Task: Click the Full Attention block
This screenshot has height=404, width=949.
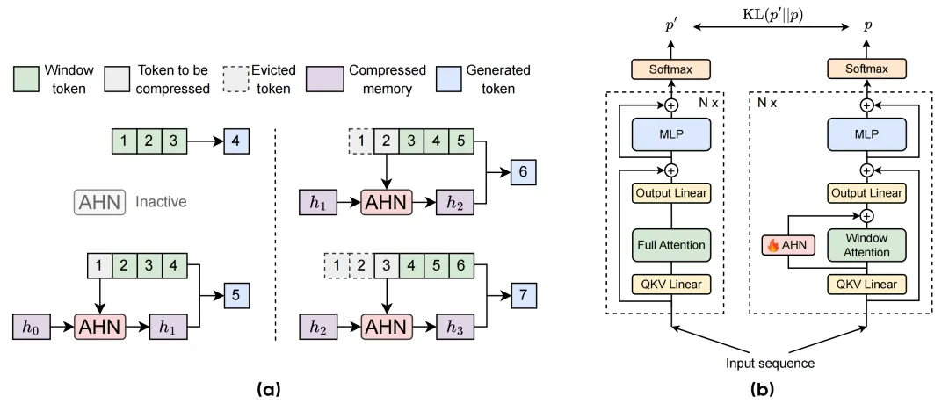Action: click(670, 246)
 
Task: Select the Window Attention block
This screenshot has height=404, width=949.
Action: click(867, 246)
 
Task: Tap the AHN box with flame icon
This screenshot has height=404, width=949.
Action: click(788, 246)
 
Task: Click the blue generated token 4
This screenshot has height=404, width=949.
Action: click(236, 143)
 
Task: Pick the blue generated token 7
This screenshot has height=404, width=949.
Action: click(523, 296)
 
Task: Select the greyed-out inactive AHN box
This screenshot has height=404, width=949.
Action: click(99, 203)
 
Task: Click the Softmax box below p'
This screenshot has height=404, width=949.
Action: click(670, 69)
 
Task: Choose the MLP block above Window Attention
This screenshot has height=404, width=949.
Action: click(867, 133)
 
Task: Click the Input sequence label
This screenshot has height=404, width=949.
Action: click(769, 364)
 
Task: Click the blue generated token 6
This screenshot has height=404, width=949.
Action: click(523, 172)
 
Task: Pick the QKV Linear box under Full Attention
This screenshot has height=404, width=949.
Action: click(670, 284)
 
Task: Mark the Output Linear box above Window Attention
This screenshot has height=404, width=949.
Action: click(867, 193)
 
